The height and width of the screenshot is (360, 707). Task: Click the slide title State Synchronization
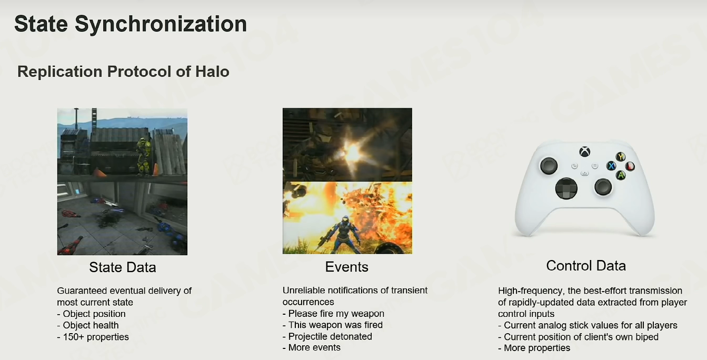(131, 24)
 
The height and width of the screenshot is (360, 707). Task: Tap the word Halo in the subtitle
(212, 71)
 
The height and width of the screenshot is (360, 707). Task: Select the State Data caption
(123, 267)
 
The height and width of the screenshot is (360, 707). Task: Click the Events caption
(346, 267)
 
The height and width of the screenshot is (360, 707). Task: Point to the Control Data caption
(586, 266)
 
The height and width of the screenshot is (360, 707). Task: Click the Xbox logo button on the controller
(584, 152)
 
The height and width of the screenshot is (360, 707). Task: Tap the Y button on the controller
(621, 156)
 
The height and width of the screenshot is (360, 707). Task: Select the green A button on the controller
(621, 175)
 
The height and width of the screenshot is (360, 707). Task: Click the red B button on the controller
(630, 166)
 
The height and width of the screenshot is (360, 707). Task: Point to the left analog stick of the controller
(549, 166)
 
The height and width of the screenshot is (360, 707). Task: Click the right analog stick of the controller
(603, 187)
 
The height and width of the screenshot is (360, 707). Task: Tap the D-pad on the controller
(566, 188)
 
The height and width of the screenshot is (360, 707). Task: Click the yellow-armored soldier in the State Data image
(144, 156)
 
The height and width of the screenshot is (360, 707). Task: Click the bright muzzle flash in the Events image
(352, 153)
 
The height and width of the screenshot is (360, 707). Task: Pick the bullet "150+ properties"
(93, 337)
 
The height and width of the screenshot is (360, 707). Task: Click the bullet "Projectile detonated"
(327, 336)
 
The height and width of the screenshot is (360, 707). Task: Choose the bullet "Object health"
(88, 325)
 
